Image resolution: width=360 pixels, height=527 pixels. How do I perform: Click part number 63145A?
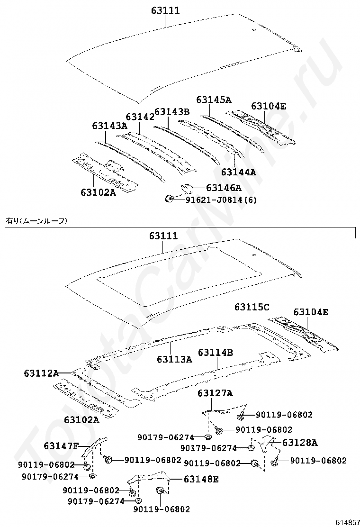214,100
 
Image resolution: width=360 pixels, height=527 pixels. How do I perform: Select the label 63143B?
171,112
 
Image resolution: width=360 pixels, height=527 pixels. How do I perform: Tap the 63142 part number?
140,117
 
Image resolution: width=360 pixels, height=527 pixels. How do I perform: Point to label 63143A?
109,126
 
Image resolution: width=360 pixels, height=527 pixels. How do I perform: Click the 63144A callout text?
238,172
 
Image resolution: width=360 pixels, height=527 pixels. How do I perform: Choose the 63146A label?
224,187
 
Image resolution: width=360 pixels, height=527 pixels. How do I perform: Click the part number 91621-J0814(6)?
221,200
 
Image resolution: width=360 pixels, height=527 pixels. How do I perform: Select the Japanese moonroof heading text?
36,220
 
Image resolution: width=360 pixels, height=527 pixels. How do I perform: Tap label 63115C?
252,308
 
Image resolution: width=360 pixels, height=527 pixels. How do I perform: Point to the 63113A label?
174,359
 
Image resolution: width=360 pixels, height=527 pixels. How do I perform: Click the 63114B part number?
216,353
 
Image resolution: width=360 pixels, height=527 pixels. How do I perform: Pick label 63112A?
41,373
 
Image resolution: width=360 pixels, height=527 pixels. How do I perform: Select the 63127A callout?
215,393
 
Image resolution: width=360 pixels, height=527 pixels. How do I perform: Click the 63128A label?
300,443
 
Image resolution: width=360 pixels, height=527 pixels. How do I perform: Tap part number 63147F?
61,445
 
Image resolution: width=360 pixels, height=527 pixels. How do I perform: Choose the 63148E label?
201,479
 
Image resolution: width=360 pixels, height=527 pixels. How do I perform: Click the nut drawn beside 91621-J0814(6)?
168,199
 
